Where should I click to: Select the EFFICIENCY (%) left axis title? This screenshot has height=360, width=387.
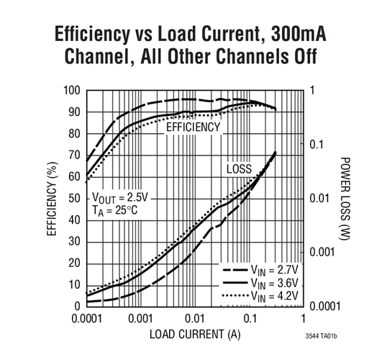52,197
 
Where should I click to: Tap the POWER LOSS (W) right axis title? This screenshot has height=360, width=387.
344,198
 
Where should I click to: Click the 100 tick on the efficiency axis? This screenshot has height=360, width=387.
71,91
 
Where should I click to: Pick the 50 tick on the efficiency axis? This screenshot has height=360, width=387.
74,198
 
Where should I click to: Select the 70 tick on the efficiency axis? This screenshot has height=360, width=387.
74,155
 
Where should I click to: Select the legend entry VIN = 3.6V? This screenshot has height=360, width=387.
271,283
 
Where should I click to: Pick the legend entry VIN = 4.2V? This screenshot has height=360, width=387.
271,295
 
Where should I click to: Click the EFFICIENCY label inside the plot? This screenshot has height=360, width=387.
193,127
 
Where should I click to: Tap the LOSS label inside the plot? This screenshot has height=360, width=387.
239,169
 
